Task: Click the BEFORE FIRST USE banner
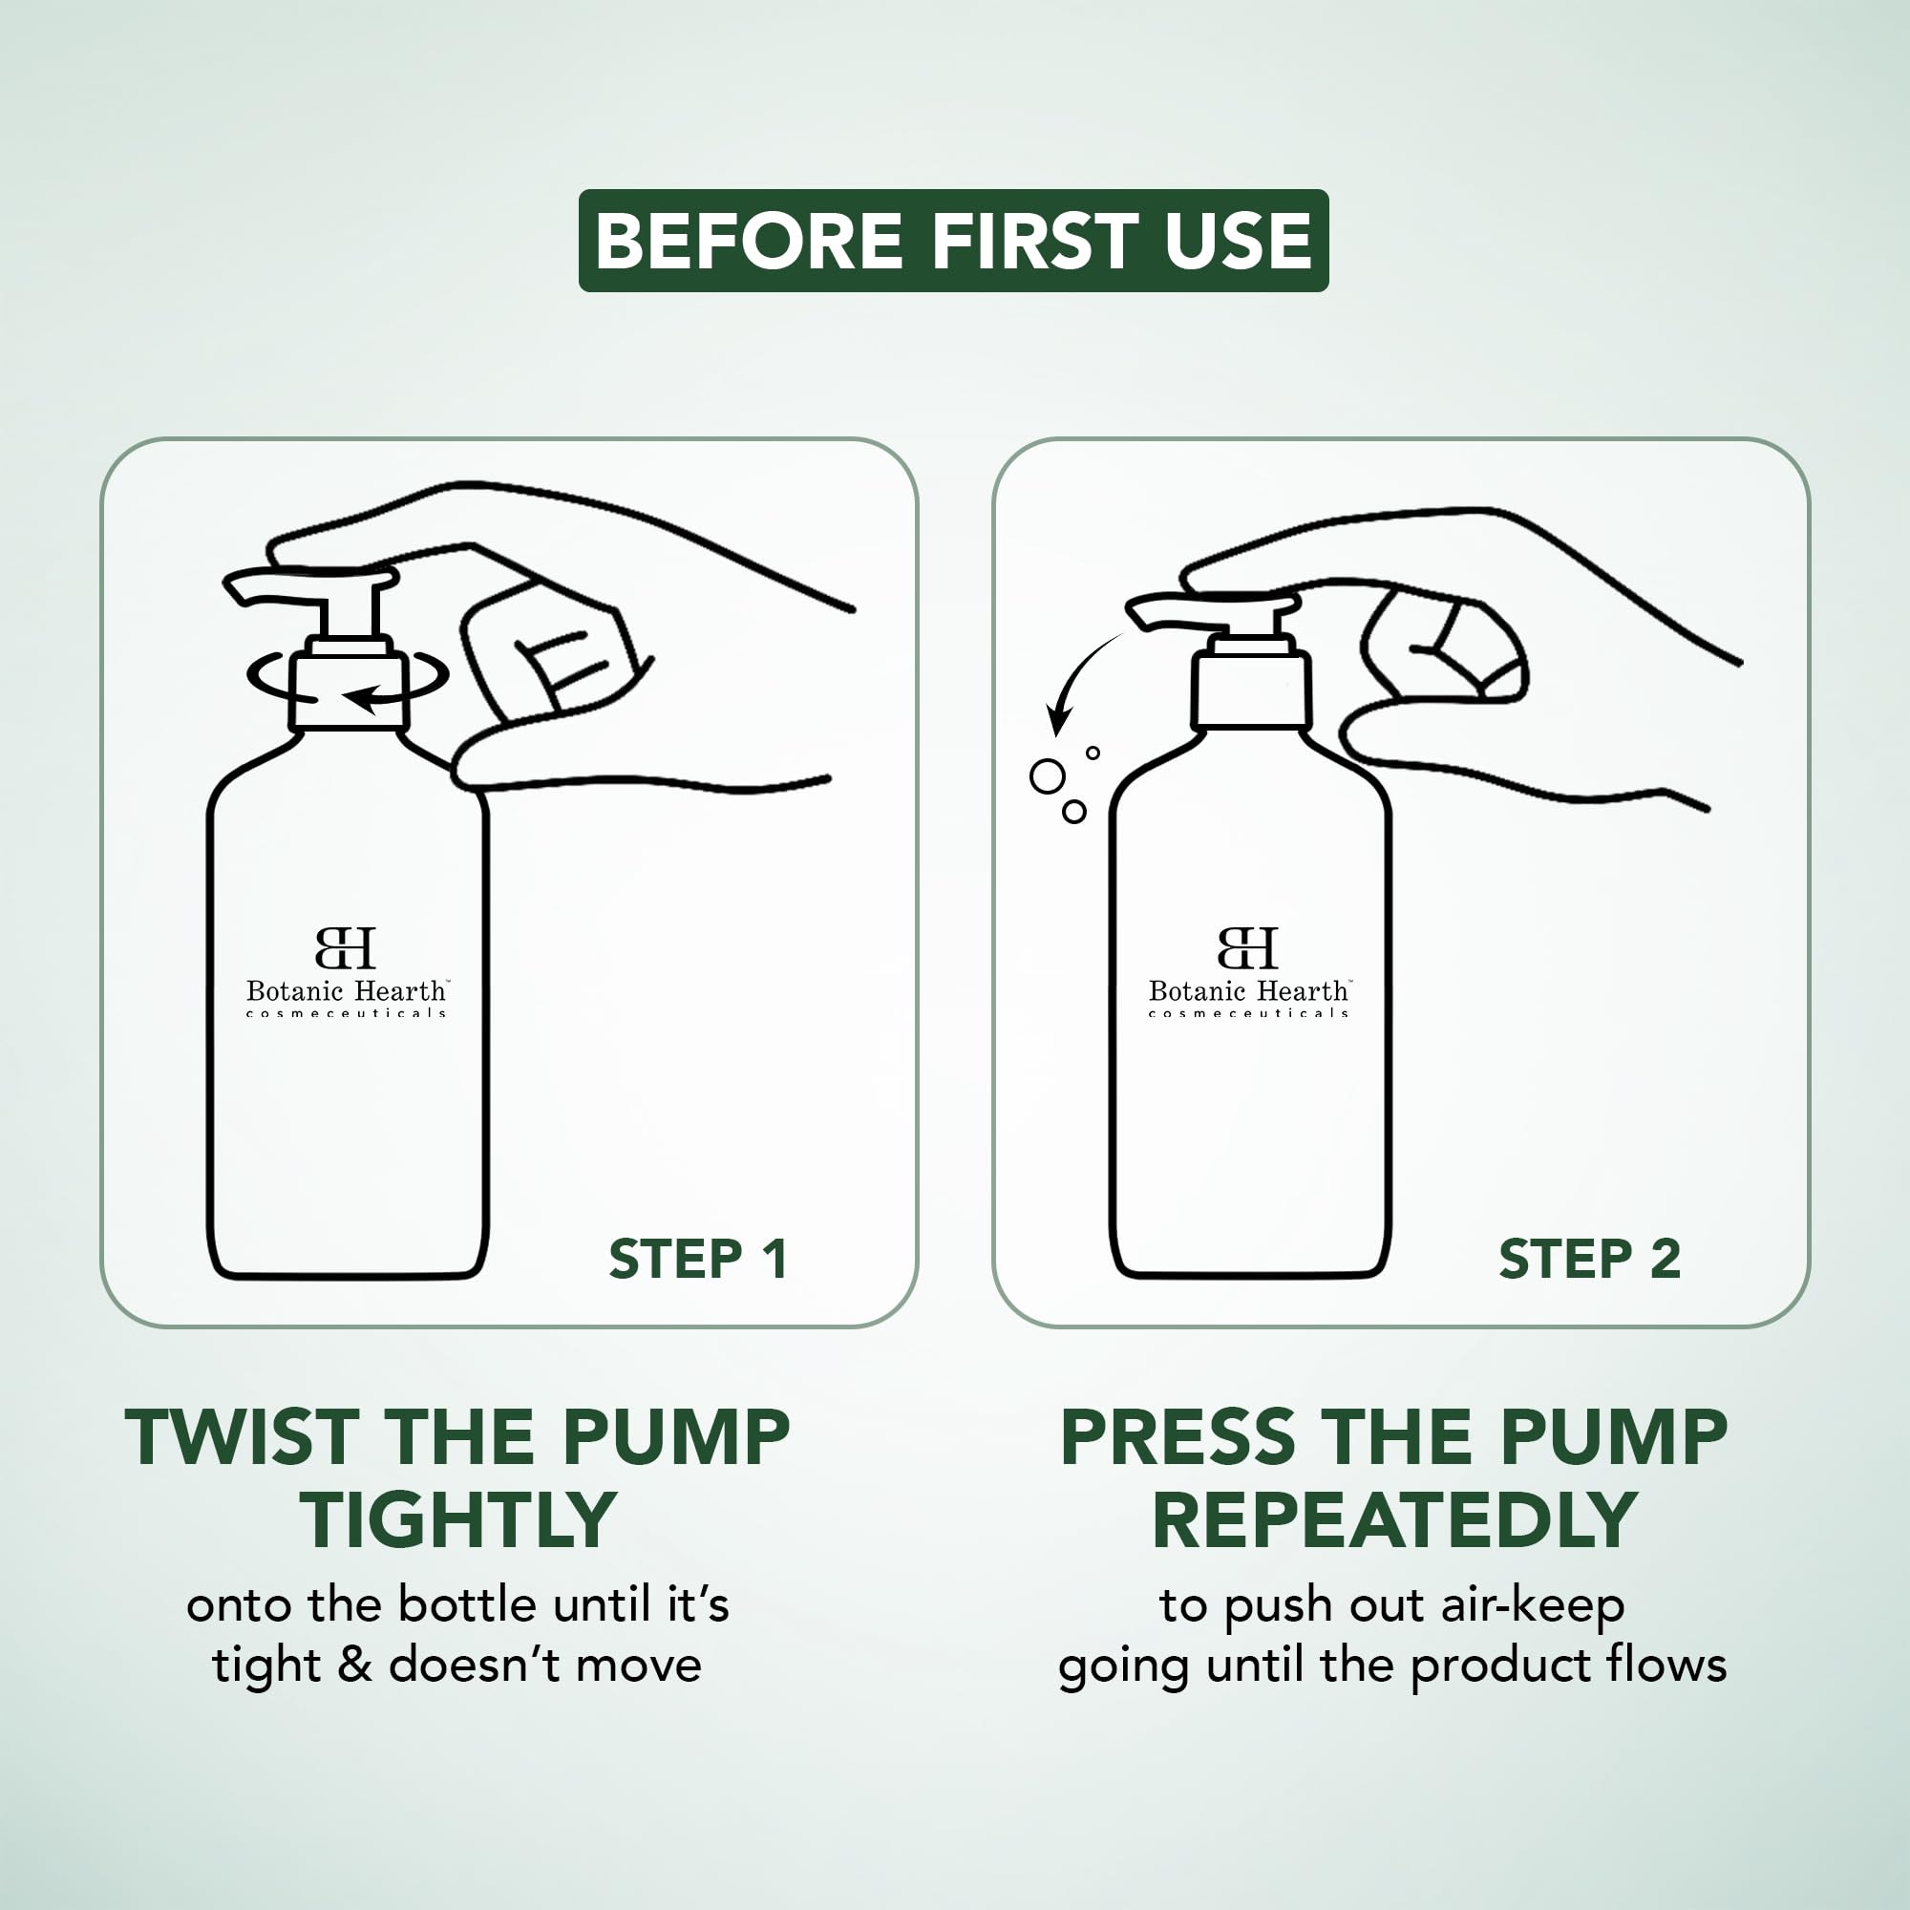(953, 241)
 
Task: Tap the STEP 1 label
(698, 1259)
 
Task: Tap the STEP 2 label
(1590, 1259)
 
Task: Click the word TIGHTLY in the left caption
(458, 1519)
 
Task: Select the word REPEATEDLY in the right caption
(1394, 1519)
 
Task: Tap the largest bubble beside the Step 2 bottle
(1047, 776)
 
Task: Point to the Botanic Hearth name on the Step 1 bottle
(347, 990)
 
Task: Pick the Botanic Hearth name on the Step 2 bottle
(1249, 990)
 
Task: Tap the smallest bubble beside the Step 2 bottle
(1093, 753)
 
